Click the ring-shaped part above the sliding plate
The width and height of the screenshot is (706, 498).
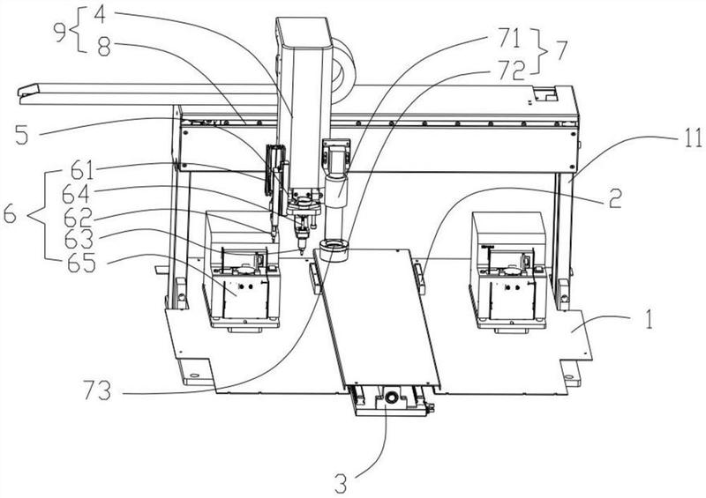[x=335, y=248]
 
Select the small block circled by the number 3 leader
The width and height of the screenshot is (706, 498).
[x=387, y=401]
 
